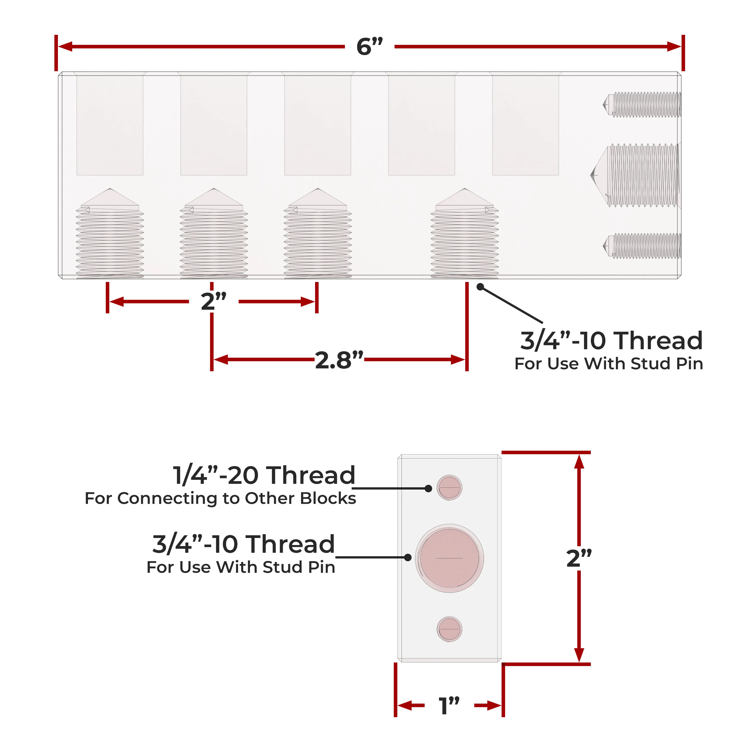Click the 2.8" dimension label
point(339,360)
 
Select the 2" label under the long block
point(213,302)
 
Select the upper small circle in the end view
point(449,487)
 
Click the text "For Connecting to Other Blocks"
point(220,498)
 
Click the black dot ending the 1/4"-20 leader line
point(428,489)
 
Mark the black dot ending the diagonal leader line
point(480,287)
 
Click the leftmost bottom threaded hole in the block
point(110,237)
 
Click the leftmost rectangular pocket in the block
point(110,125)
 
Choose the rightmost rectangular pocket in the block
point(525,125)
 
